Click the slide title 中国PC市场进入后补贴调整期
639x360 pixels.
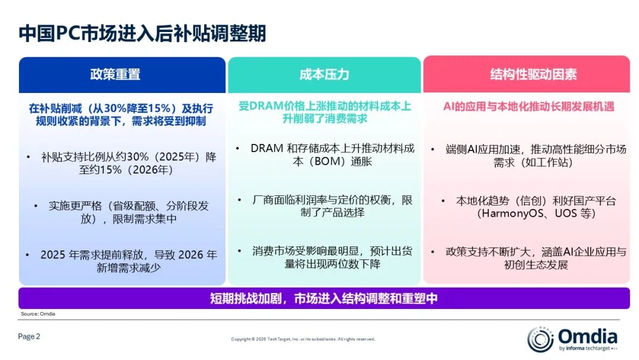(142, 33)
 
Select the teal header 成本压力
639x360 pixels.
(324, 75)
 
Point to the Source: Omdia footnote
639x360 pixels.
(38, 314)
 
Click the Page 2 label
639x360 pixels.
(30, 336)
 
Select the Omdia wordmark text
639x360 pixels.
(588, 337)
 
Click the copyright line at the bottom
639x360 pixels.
(303, 339)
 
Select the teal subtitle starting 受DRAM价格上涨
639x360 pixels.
(324, 112)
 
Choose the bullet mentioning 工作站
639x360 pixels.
(533, 156)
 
